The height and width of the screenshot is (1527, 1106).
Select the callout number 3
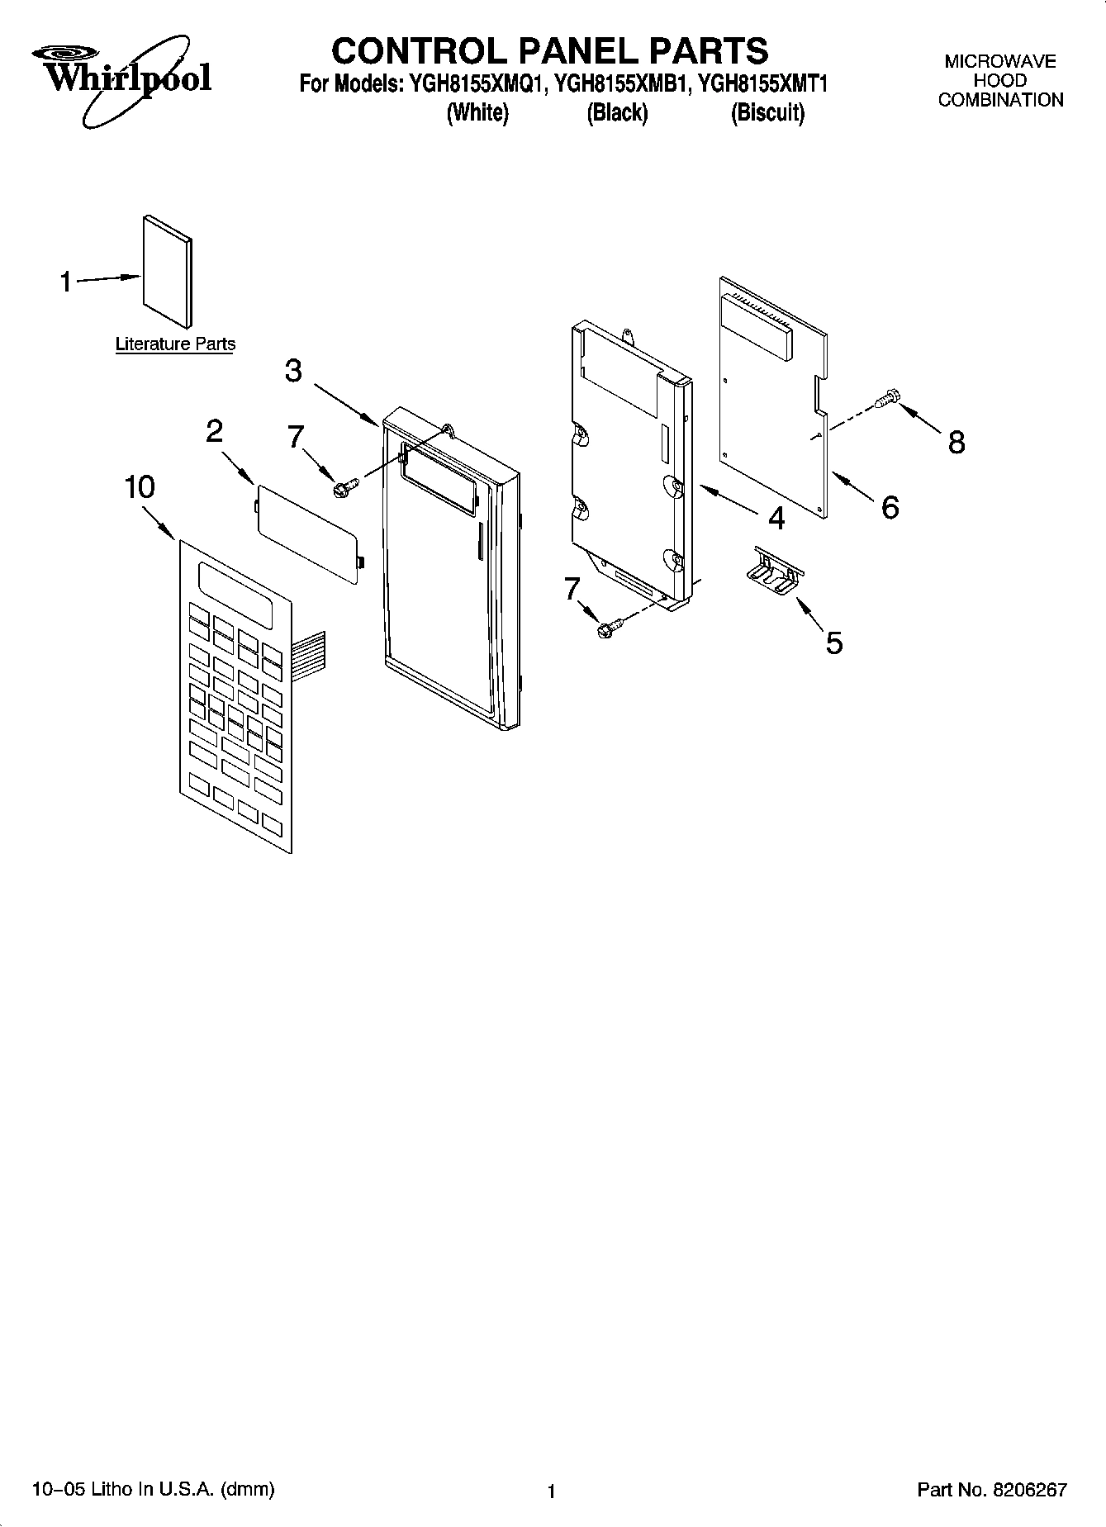point(293,371)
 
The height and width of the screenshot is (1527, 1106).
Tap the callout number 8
point(956,443)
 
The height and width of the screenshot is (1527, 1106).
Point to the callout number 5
point(834,643)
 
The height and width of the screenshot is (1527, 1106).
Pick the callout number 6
point(890,507)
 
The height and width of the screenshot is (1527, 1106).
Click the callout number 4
point(776,518)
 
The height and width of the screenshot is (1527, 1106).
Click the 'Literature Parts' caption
point(175,344)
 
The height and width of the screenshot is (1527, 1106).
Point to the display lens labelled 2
point(306,534)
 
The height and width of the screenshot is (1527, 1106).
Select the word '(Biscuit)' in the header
point(767,113)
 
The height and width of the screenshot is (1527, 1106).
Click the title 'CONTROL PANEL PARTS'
point(549,50)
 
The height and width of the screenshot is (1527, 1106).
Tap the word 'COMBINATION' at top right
point(1000,101)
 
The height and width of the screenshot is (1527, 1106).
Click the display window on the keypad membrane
point(235,594)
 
